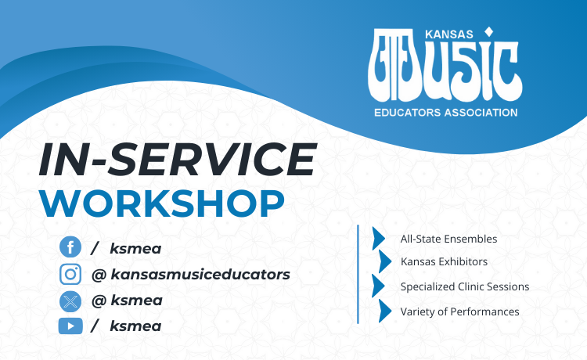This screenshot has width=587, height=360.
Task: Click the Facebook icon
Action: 70,248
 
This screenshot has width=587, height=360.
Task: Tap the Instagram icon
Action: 70,274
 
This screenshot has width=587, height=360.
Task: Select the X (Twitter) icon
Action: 70,301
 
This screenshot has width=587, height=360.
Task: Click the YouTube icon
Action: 70,326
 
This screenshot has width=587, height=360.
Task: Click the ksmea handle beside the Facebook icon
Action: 136,248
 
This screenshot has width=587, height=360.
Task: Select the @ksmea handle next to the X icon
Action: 126,301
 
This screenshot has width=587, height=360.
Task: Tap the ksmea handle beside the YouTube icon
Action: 136,326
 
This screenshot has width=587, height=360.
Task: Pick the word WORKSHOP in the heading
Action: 161,202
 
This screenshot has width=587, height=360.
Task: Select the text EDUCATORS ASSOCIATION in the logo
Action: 445,113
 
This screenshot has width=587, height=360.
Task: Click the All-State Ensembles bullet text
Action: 448,239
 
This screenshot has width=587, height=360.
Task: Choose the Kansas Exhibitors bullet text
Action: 444,261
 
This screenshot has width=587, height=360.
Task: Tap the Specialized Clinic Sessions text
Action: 464,286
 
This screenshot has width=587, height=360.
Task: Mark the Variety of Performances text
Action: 459,311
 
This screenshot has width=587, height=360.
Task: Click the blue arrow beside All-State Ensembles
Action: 380,238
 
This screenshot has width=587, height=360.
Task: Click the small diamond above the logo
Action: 489,32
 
